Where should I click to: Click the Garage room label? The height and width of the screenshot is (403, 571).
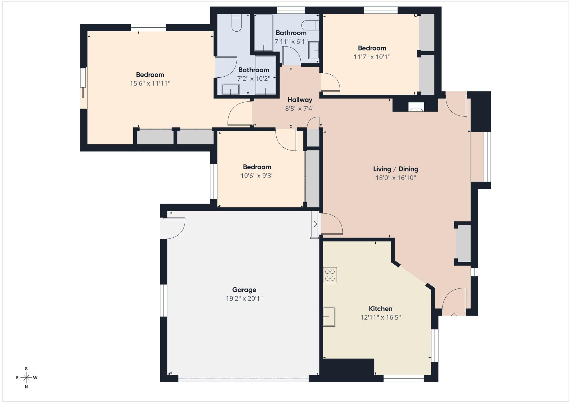[244, 290]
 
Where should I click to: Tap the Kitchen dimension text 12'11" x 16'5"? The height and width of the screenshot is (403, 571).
[381, 317]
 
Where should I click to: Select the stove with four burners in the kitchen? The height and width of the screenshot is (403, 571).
[330, 275]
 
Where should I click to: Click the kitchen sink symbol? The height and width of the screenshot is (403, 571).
[329, 316]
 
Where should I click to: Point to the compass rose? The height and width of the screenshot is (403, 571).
[26, 378]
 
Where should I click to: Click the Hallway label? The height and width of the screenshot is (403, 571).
[300, 100]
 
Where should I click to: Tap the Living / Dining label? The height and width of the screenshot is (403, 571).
[396, 169]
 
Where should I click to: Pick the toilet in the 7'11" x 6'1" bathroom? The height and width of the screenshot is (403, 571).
[310, 25]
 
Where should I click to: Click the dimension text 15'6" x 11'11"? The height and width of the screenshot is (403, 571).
[150, 84]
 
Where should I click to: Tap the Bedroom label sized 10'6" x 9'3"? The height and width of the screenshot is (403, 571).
[257, 167]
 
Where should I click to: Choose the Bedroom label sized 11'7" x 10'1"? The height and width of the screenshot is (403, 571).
[372, 48]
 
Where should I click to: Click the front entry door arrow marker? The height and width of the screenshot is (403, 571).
[454, 315]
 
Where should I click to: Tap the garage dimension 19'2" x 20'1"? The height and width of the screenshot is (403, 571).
[244, 299]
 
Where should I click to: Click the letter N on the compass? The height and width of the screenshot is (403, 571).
[26, 387]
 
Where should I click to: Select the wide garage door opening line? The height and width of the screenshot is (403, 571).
[243, 379]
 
